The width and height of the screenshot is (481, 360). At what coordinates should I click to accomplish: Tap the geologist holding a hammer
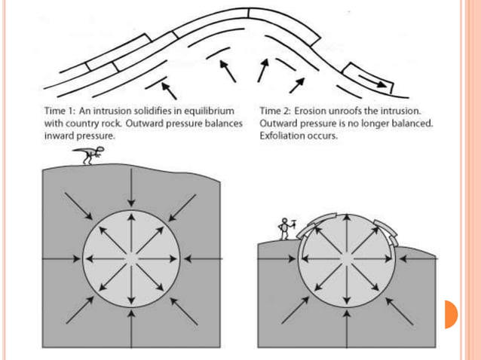point(285,228)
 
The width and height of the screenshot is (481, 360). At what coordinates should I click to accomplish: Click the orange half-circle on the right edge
point(450,314)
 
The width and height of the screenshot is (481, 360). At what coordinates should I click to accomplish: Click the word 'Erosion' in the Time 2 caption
point(314,110)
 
